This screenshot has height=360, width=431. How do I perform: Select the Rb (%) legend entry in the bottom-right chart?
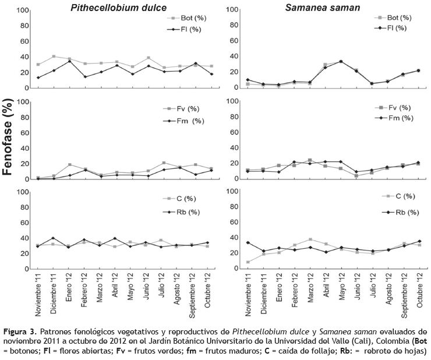click(x=398, y=213)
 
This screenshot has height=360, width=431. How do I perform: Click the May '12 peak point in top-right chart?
click(x=341, y=61)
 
